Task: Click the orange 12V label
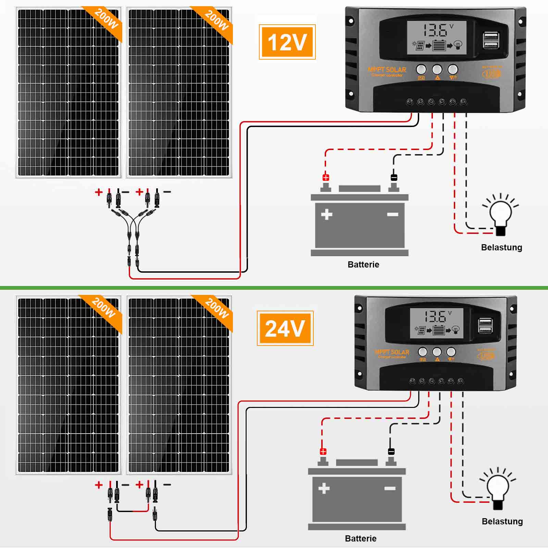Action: click(287, 42)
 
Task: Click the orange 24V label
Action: click(285, 328)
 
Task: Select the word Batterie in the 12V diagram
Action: click(363, 264)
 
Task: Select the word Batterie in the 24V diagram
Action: click(360, 538)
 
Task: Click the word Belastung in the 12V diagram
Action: click(501, 247)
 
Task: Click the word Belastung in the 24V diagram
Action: click(502, 521)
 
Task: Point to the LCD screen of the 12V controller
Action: click(437, 38)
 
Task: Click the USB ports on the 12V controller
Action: click(491, 40)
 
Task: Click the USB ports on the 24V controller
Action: click(486, 325)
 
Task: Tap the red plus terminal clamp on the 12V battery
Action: click(326, 177)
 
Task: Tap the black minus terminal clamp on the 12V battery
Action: click(394, 177)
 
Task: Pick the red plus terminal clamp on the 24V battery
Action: click(323, 451)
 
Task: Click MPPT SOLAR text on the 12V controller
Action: click(387, 70)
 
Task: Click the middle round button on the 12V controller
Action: click(437, 70)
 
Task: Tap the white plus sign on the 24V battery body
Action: click(324, 488)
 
